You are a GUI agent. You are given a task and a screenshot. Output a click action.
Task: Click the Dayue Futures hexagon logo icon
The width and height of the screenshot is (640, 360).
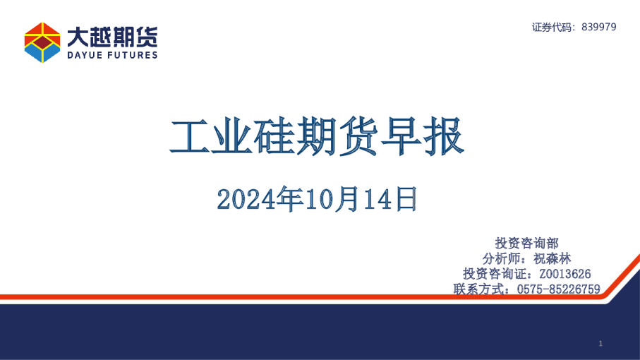42,42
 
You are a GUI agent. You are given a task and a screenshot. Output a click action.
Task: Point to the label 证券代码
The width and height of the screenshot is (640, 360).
553,27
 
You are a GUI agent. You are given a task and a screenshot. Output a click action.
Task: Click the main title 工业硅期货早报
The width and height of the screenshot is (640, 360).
317,137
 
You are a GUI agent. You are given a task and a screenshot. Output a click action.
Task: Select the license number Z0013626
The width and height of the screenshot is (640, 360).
564,274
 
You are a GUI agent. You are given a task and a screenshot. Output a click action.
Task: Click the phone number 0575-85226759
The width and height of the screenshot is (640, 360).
558,289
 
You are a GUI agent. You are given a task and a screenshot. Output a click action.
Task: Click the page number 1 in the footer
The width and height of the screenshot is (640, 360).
600,343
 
